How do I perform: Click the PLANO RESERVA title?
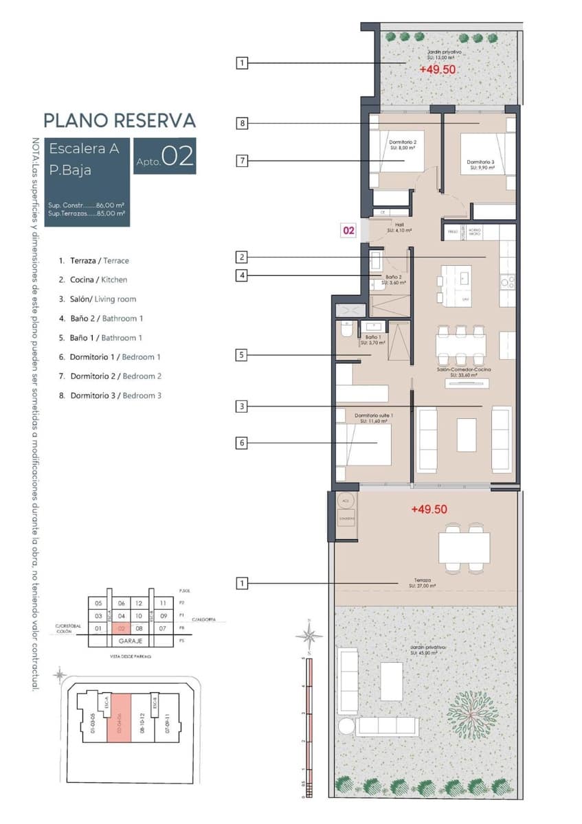coord(120,120)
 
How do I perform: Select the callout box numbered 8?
coord(242,124)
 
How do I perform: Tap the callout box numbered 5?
coord(242,356)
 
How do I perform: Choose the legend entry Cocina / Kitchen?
coord(98,280)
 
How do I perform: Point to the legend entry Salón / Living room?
coord(103,299)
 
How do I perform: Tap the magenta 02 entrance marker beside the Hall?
coord(349,231)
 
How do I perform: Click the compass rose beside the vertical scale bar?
coord(309,634)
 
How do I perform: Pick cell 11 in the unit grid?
coord(163,603)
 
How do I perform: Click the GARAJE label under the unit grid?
coord(130,640)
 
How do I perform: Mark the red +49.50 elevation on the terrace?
coord(429,510)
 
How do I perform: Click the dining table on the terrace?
coord(464,548)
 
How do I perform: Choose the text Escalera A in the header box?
coord(85,148)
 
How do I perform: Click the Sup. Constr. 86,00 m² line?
coord(86,205)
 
